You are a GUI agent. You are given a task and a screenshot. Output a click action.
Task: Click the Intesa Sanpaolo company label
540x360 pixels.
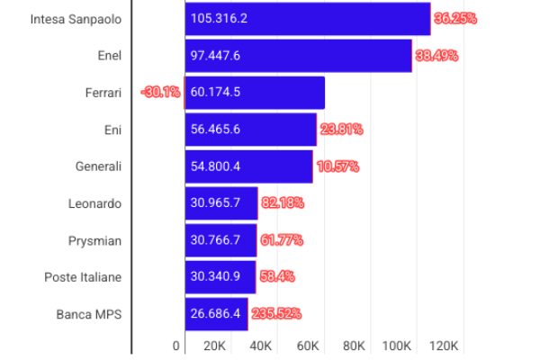coord(76,18)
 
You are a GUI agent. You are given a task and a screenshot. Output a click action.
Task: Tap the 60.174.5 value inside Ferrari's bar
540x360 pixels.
coord(215,92)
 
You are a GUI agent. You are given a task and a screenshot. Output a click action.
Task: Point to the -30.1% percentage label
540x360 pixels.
coord(160,92)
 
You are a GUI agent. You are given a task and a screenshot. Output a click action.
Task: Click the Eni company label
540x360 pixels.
coord(112,130)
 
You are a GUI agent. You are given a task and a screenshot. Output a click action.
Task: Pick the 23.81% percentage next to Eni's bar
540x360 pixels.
coord(341,130)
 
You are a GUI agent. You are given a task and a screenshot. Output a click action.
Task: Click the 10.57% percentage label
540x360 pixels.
coord(338,166)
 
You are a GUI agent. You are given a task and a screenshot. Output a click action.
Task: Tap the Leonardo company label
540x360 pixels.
coord(94,203)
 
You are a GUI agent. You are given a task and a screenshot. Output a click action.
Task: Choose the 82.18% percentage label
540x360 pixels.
coord(282,203)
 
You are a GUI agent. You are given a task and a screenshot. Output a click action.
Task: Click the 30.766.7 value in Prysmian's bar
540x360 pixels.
coord(215,240)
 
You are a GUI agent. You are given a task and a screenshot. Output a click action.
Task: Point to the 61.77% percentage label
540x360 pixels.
coord(282,240)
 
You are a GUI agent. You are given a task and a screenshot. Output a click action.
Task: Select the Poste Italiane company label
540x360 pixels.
coord(83,277)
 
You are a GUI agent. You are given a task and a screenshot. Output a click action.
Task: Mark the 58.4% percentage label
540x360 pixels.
coord(278,277)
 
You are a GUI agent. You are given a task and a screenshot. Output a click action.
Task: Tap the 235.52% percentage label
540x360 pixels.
coord(275,314)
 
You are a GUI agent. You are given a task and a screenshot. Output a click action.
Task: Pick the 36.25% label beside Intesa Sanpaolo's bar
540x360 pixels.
coord(454,18)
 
